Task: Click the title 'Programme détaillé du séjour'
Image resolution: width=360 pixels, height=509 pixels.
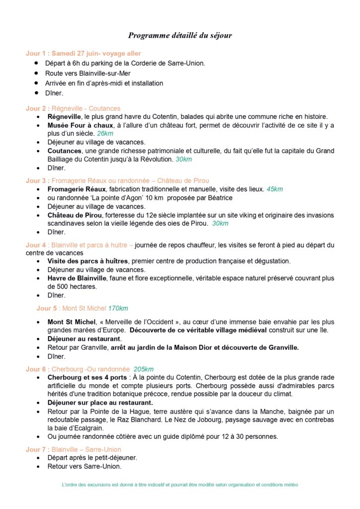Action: [180, 35]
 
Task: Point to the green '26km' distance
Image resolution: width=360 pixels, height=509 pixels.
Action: [105, 134]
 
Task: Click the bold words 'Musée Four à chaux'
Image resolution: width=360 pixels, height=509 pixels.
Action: [81, 125]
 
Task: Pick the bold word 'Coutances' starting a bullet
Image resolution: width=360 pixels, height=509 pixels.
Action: [64, 151]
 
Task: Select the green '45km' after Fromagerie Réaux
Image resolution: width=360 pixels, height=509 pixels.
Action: [274, 189]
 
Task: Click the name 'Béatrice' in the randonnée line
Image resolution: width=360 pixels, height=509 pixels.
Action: [217, 198]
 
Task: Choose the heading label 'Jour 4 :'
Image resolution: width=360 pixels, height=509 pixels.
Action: [36, 245]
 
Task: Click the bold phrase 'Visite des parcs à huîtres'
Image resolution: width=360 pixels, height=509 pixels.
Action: [88, 261]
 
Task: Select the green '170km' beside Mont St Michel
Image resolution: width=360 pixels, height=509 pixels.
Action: [118, 308]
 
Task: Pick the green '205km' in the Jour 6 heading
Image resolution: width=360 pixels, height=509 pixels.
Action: [144, 369]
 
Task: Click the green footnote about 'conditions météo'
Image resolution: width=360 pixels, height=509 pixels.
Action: [180, 484]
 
